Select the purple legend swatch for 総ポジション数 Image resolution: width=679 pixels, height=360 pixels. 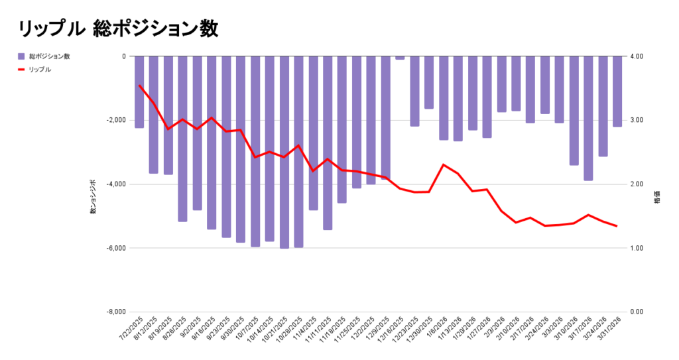point(21,56)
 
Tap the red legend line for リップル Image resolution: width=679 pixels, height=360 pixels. point(21,69)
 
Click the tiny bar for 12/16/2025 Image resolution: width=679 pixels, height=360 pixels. point(400,58)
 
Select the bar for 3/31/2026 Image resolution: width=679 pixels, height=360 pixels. point(617,91)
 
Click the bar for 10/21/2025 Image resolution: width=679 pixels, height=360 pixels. point(284,152)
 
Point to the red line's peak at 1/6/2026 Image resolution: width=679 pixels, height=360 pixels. point(443,164)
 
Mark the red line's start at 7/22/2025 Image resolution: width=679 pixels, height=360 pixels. point(139,86)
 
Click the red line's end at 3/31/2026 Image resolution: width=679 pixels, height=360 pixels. point(617,226)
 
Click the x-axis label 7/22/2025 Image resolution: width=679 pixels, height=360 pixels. point(131,328)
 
